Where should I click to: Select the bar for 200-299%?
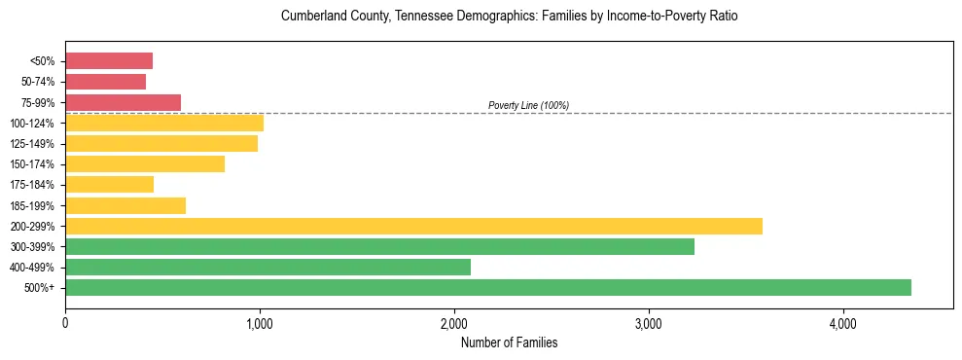[x=413, y=226]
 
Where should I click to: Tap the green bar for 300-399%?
[x=379, y=246]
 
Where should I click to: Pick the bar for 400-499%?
[x=267, y=267]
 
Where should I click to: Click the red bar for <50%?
[x=109, y=61]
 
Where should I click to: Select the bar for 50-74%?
[x=105, y=82]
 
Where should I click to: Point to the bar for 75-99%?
[x=123, y=102]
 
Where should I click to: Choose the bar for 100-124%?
[x=164, y=123]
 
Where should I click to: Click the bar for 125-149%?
[x=161, y=144]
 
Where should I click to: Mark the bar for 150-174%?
[x=145, y=164]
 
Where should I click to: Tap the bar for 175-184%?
[x=109, y=185]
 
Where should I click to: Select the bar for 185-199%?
[x=125, y=205]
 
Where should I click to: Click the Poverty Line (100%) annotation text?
[x=528, y=105]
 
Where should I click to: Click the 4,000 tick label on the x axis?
[x=843, y=323]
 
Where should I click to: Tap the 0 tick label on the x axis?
[x=65, y=323]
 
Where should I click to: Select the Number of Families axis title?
[x=509, y=342]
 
